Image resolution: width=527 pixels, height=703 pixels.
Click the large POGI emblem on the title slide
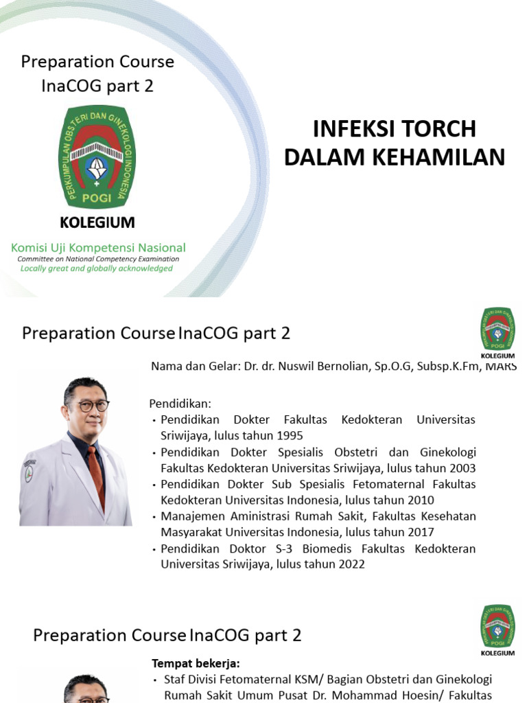click(97, 157)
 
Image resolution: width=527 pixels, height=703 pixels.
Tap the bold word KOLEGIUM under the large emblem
click(97, 222)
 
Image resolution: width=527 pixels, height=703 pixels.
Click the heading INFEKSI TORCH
click(394, 128)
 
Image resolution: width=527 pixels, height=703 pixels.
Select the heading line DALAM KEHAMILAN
click(394, 157)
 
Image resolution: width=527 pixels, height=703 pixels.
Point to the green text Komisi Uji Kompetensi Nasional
click(97, 247)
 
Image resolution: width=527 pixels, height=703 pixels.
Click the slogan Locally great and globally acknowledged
click(97, 268)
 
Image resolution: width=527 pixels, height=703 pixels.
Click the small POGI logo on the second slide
click(497, 329)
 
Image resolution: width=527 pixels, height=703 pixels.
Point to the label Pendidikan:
click(180, 403)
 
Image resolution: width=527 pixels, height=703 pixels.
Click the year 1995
click(289, 436)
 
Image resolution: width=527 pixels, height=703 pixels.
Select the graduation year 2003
click(462, 468)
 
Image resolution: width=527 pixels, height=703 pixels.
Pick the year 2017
click(420, 532)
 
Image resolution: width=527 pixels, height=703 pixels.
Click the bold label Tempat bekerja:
click(196, 664)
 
